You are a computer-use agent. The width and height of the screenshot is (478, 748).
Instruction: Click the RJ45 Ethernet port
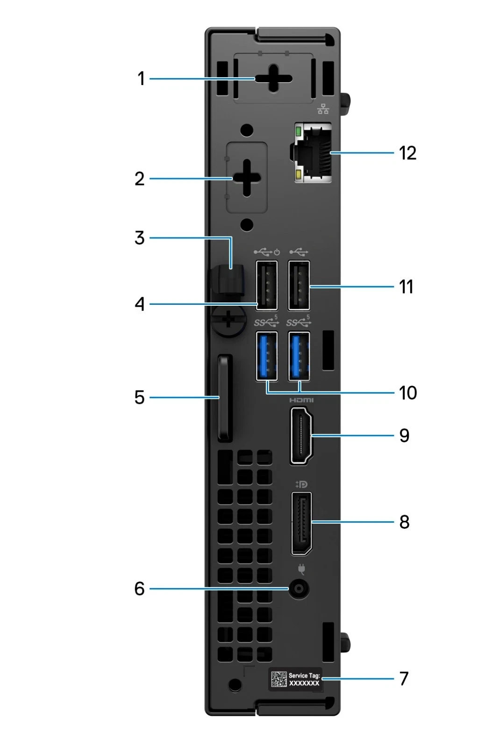tap(313, 152)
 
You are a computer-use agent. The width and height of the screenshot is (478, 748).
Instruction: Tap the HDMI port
tap(301, 435)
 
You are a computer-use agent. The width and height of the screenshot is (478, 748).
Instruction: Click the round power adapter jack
tap(299, 589)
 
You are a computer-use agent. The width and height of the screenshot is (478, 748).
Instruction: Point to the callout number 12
tap(407, 153)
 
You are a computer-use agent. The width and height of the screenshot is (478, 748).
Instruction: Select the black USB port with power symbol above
tap(266, 286)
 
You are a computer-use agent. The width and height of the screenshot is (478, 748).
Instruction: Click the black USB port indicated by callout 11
tap(299, 286)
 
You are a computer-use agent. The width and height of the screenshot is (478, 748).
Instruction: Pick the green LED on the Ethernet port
tap(299, 130)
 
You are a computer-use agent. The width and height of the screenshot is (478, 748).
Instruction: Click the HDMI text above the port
tap(301, 400)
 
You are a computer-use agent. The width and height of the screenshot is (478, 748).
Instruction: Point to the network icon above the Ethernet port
tap(323, 108)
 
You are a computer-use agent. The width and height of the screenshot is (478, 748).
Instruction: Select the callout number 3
tap(140, 238)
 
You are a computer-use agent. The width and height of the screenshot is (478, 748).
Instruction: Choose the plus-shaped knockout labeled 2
tap(246, 178)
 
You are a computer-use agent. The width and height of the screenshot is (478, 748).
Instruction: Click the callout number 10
tap(407, 392)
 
